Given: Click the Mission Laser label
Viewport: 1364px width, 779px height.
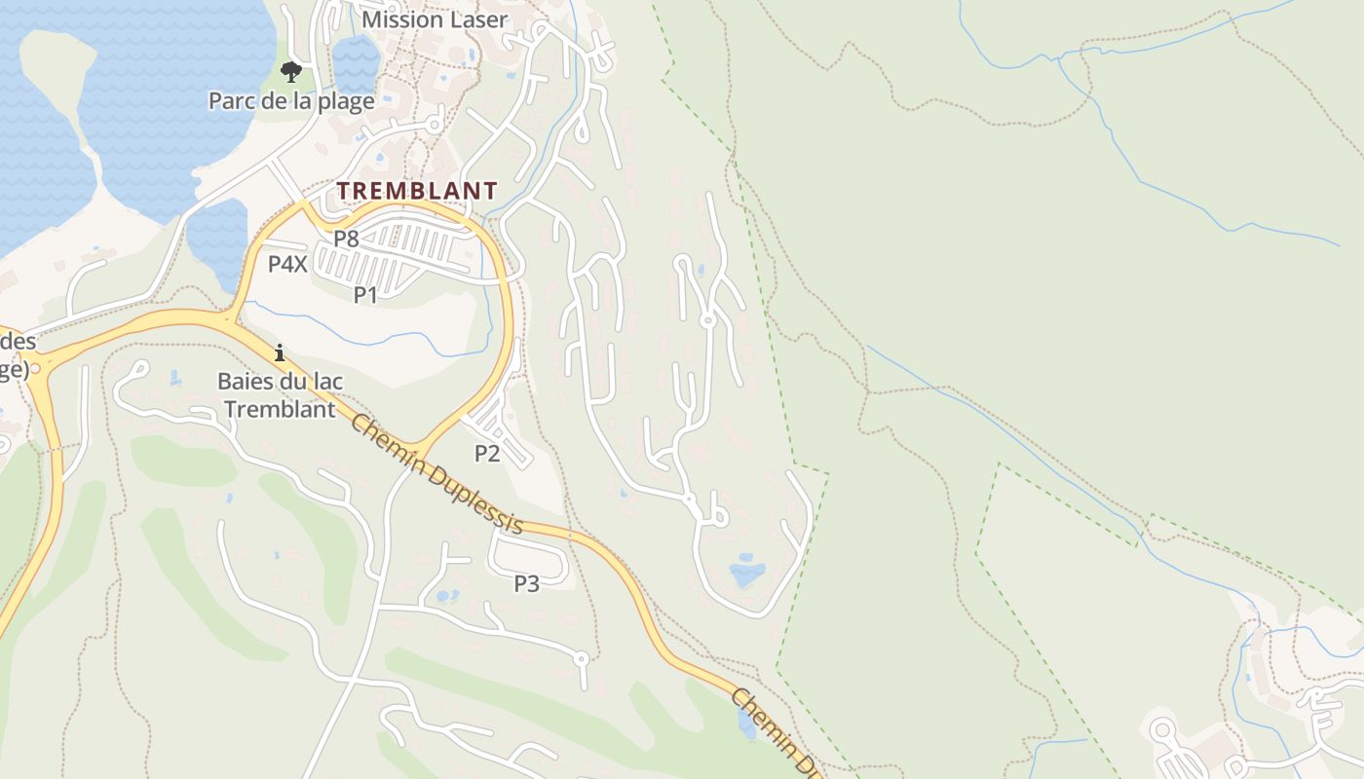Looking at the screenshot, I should click(434, 19).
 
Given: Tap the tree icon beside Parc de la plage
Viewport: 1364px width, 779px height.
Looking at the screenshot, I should click(290, 71).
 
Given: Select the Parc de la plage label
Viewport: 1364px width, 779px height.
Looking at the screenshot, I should click(291, 101).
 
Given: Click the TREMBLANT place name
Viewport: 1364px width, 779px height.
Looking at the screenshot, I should click(417, 191).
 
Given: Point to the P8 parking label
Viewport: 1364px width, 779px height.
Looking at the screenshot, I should click(346, 238).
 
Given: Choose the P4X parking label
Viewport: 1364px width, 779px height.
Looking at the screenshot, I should click(287, 263).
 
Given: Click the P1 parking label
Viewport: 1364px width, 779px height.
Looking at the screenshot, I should click(365, 294).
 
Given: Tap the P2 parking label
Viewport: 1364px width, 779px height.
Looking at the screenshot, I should click(487, 453).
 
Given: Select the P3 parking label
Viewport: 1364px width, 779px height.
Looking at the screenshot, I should click(526, 583).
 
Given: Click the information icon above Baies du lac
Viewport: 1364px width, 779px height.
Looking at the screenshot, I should click(280, 352).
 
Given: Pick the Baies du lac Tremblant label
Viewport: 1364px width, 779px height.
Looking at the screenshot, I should click(280, 394).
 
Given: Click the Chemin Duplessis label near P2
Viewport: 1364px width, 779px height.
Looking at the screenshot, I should click(436, 474).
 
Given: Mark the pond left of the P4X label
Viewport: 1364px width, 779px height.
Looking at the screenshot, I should click(216, 239).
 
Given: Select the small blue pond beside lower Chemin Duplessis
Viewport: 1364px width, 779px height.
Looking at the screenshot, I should click(747, 724).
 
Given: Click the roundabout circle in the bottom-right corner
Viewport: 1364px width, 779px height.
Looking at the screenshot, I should click(1162, 729).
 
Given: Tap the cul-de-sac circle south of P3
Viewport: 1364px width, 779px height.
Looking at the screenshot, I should click(582, 659).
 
